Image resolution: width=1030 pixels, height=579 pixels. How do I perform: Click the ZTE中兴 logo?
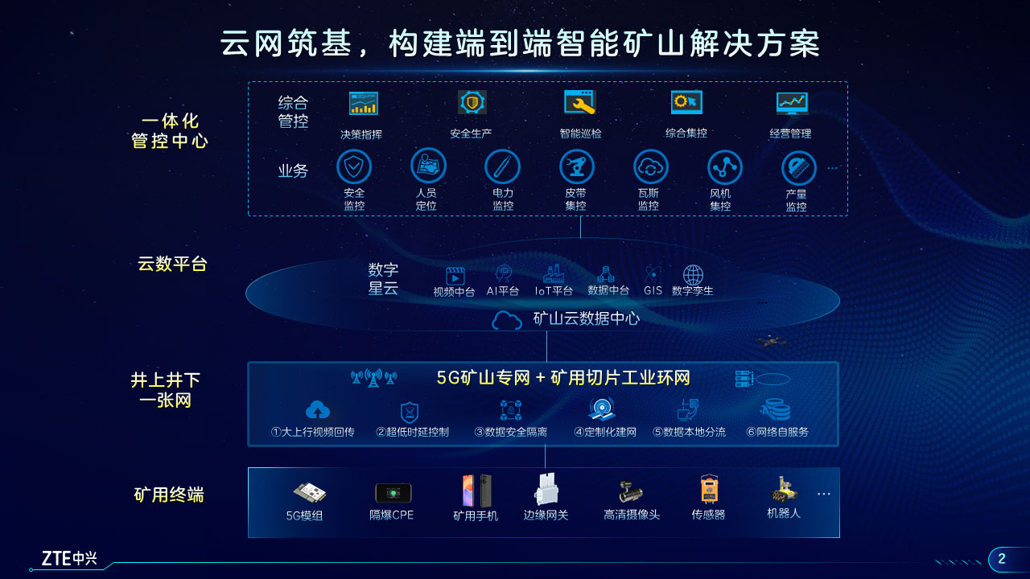point(69,558)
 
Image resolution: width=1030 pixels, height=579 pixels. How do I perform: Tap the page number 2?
point(1002,559)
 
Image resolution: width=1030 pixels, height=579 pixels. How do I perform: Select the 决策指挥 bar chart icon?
point(363,103)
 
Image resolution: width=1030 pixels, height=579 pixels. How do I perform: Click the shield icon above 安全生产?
point(472,102)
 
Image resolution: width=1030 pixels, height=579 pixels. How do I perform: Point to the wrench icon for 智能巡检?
point(580,102)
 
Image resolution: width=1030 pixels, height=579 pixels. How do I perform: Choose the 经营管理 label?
point(790,133)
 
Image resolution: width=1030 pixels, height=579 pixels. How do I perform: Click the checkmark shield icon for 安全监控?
point(353,166)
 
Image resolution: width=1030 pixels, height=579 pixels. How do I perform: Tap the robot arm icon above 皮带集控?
point(577,166)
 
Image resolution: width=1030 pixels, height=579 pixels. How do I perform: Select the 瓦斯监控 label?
point(649,199)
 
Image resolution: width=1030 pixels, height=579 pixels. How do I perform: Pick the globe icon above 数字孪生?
point(693,275)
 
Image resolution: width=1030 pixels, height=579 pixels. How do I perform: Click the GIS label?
point(653,290)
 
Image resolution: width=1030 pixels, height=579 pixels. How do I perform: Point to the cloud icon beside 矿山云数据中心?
point(507,320)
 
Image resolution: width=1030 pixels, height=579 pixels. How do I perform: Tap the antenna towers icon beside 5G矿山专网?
point(373,378)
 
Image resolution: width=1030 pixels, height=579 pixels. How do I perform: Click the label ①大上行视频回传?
point(313,432)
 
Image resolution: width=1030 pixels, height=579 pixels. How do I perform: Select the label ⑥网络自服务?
point(777,432)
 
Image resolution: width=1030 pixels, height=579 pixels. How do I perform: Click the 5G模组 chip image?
point(310,493)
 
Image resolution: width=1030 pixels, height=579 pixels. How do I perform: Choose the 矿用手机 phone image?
point(477,491)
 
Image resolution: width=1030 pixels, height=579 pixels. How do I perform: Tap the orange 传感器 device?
point(709,489)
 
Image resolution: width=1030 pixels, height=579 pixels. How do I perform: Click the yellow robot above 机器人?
point(784,489)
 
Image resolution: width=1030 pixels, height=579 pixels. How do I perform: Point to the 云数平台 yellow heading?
point(172,264)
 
